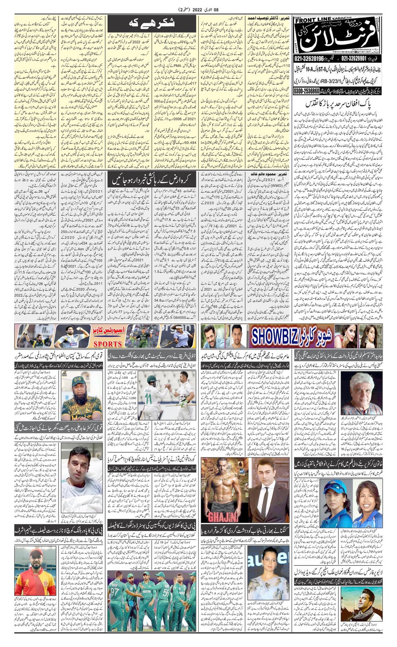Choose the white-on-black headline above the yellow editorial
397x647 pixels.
[x=152, y=24]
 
